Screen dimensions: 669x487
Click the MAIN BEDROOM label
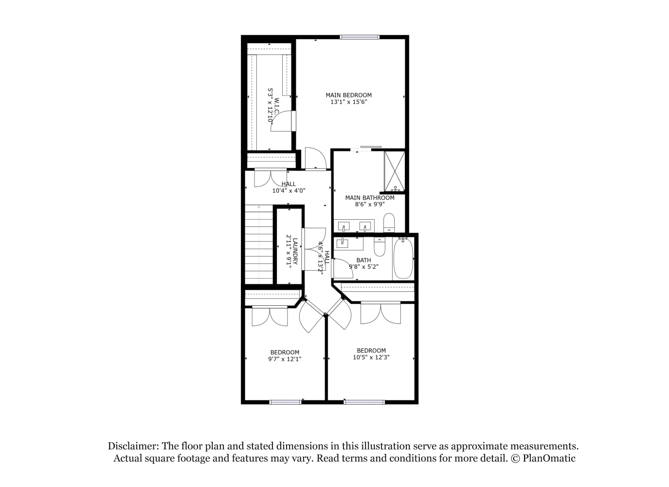pyautogui.click(x=348, y=95)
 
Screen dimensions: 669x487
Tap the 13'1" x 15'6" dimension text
pyautogui.click(x=348, y=102)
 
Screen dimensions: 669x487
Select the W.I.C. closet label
pyautogui.click(x=276, y=107)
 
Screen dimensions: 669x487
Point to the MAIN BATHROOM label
pyautogui.click(x=370, y=198)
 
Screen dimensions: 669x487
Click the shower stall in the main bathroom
pyautogui.click(x=394, y=171)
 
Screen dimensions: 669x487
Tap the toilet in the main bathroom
pyautogui.click(x=389, y=223)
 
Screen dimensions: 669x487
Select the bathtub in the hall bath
pyautogui.click(x=403, y=258)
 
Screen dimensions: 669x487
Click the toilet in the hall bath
pyautogui.click(x=380, y=247)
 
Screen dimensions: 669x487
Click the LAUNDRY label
pyautogui.click(x=295, y=251)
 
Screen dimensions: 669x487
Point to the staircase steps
pyautogui.click(x=259, y=244)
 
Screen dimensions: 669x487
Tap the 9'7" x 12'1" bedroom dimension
pyautogui.click(x=285, y=359)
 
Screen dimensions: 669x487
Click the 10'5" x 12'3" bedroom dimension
pyautogui.click(x=371, y=357)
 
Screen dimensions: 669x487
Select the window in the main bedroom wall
pyautogui.click(x=360, y=37)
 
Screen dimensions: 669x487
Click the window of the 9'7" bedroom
pyautogui.click(x=285, y=402)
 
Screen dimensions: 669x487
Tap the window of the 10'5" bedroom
pyautogui.click(x=364, y=402)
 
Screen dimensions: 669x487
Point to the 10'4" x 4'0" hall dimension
pyautogui.click(x=289, y=190)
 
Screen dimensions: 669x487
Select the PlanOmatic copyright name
pyautogui.click(x=549, y=458)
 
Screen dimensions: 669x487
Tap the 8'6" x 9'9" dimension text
pyautogui.click(x=370, y=205)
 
